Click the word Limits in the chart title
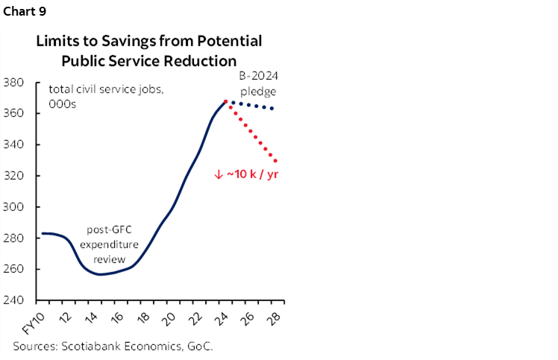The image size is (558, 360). pyautogui.click(x=57, y=41)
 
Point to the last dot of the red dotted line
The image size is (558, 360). pyautogui.click(x=277, y=161)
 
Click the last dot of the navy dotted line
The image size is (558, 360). pyautogui.click(x=272, y=109)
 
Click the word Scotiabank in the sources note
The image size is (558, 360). pyautogui.click(x=95, y=346)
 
